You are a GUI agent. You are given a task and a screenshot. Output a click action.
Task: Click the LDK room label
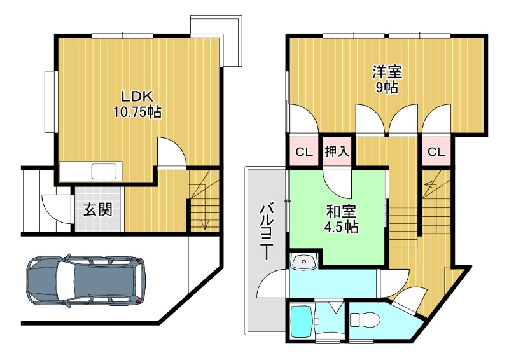pyautogui.click(x=137, y=97)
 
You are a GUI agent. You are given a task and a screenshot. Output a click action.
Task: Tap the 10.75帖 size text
pyautogui.click(x=137, y=113)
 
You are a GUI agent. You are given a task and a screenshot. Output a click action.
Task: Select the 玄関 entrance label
pyautogui.click(x=97, y=209)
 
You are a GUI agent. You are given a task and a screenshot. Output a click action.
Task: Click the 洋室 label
pyautogui.click(x=387, y=72)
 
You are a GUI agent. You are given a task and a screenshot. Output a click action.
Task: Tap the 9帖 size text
pyautogui.click(x=386, y=88)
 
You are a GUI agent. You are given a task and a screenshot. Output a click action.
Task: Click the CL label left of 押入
pyautogui.click(x=303, y=152)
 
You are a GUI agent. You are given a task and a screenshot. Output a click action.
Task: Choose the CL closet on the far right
pyautogui.click(x=436, y=152)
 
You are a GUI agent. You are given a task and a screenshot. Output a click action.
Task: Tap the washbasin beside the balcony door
pyautogui.click(x=303, y=261)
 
